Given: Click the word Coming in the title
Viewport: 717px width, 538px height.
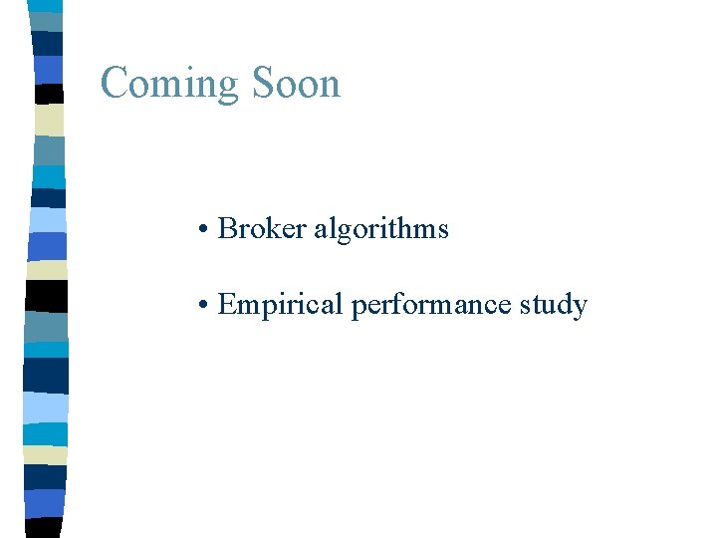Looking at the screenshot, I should pos(170,84).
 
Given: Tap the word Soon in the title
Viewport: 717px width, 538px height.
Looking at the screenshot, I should pos(297,83).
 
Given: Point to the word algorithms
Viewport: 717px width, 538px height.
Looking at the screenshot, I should pos(380,229).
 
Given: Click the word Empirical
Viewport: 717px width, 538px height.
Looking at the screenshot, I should pos(280,305).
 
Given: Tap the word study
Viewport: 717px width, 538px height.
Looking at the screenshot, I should pos(553,305).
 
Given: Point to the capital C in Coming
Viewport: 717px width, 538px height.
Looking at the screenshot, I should pos(115,83).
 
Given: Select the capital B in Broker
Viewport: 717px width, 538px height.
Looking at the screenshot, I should pos(227,228).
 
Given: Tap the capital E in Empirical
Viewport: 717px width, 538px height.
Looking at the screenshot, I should pos(227,304).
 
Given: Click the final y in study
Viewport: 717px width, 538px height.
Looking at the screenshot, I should pos(580,307).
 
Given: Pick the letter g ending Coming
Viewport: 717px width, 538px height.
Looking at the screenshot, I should pos(228,88).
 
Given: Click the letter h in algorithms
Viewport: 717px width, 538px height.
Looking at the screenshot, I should pos(416,228).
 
